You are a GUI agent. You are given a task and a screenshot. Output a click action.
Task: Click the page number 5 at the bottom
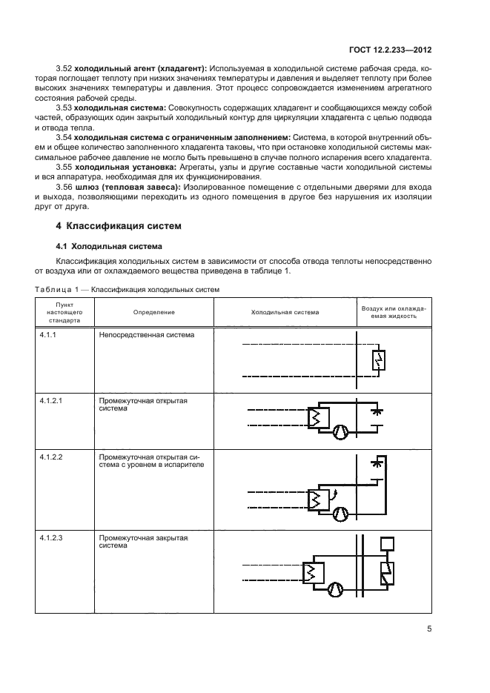(x=429, y=629)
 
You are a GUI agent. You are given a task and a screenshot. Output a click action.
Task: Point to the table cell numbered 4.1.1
(x=48, y=335)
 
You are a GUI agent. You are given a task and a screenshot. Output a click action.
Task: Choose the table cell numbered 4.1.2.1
(x=51, y=400)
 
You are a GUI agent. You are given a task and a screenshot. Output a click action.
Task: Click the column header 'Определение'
(x=153, y=313)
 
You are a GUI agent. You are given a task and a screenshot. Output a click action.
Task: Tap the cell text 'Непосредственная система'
(x=146, y=335)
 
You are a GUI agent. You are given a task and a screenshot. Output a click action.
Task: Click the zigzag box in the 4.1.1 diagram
(x=378, y=362)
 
